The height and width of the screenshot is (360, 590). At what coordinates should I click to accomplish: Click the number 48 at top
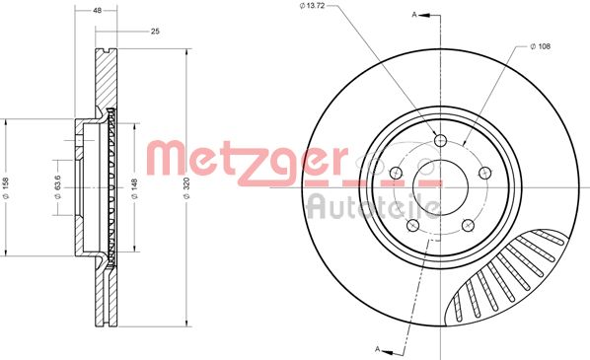pyautogui.click(x=98, y=9)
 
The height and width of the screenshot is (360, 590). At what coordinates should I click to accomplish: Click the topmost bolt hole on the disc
pyautogui.click(x=440, y=139)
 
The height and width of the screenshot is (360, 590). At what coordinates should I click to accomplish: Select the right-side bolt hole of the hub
pyautogui.click(x=484, y=173)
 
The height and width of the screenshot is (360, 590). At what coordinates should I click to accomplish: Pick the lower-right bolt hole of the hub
pyautogui.click(x=468, y=226)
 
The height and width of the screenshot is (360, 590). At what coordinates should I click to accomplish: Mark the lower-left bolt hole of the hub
pyautogui.click(x=412, y=226)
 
